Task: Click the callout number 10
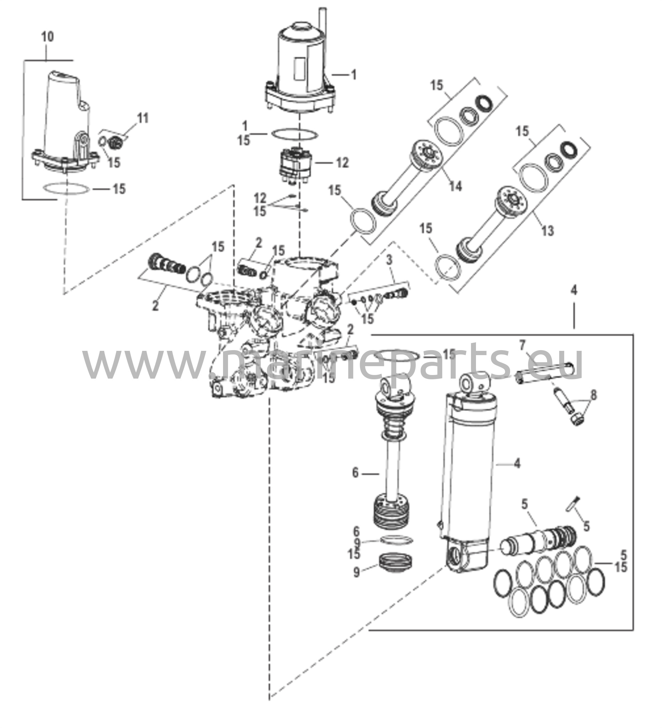click(x=47, y=37)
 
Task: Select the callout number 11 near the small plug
click(x=143, y=118)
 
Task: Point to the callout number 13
click(x=547, y=230)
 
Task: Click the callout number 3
click(x=389, y=259)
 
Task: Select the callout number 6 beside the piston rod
click(x=355, y=472)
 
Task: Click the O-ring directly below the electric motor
click(x=294, y=134)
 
